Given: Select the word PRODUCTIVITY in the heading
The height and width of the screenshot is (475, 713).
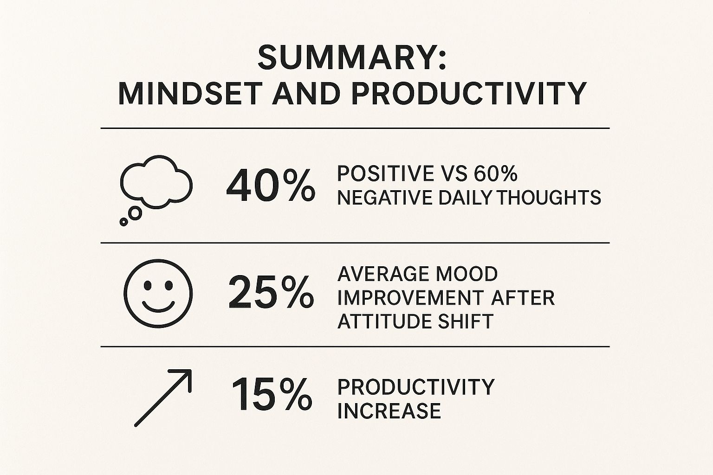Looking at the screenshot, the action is [469, 94].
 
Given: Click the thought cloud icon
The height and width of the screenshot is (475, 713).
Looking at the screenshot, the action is [156, 182].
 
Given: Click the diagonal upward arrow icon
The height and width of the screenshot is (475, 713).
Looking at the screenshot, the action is [163, 398].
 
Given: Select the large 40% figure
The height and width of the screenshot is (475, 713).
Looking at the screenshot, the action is [271, 186].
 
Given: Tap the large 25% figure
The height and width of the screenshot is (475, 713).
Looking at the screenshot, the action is [271, 292].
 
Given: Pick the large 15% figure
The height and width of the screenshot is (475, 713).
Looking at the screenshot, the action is [272, 394].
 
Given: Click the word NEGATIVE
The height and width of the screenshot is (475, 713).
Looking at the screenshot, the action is [384, 198].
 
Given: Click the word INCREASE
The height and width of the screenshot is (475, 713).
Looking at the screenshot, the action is [389, 411].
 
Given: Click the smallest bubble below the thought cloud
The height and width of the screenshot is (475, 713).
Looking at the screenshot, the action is [124, 222].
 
